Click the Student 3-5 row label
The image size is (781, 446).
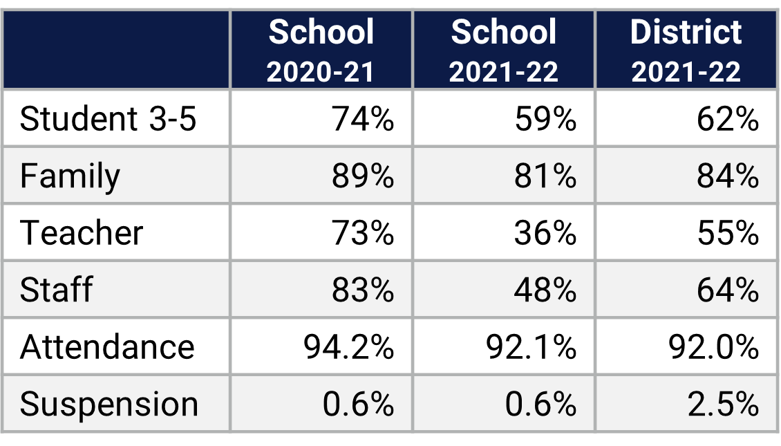point(108,119)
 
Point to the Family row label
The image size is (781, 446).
point(70,176)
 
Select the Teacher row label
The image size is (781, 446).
point(82,233)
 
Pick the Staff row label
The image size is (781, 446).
point(56,290)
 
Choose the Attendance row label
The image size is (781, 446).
point(107,346)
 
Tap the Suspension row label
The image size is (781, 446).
point(109,404)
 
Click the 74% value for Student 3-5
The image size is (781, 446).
point(362,119)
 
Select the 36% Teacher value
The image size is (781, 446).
point(545,233)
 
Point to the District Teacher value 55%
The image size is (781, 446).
point(728,233)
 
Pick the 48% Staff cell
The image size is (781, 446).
point(545,290)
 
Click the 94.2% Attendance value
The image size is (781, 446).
point(349,346)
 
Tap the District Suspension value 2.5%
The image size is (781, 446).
point(723,404)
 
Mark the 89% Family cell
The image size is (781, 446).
point(362,176)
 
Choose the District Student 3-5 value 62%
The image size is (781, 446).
point(728,119)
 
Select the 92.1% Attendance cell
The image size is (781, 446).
point(531,346)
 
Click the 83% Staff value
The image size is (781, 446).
point(362,290)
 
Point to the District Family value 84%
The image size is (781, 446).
point(728,176)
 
